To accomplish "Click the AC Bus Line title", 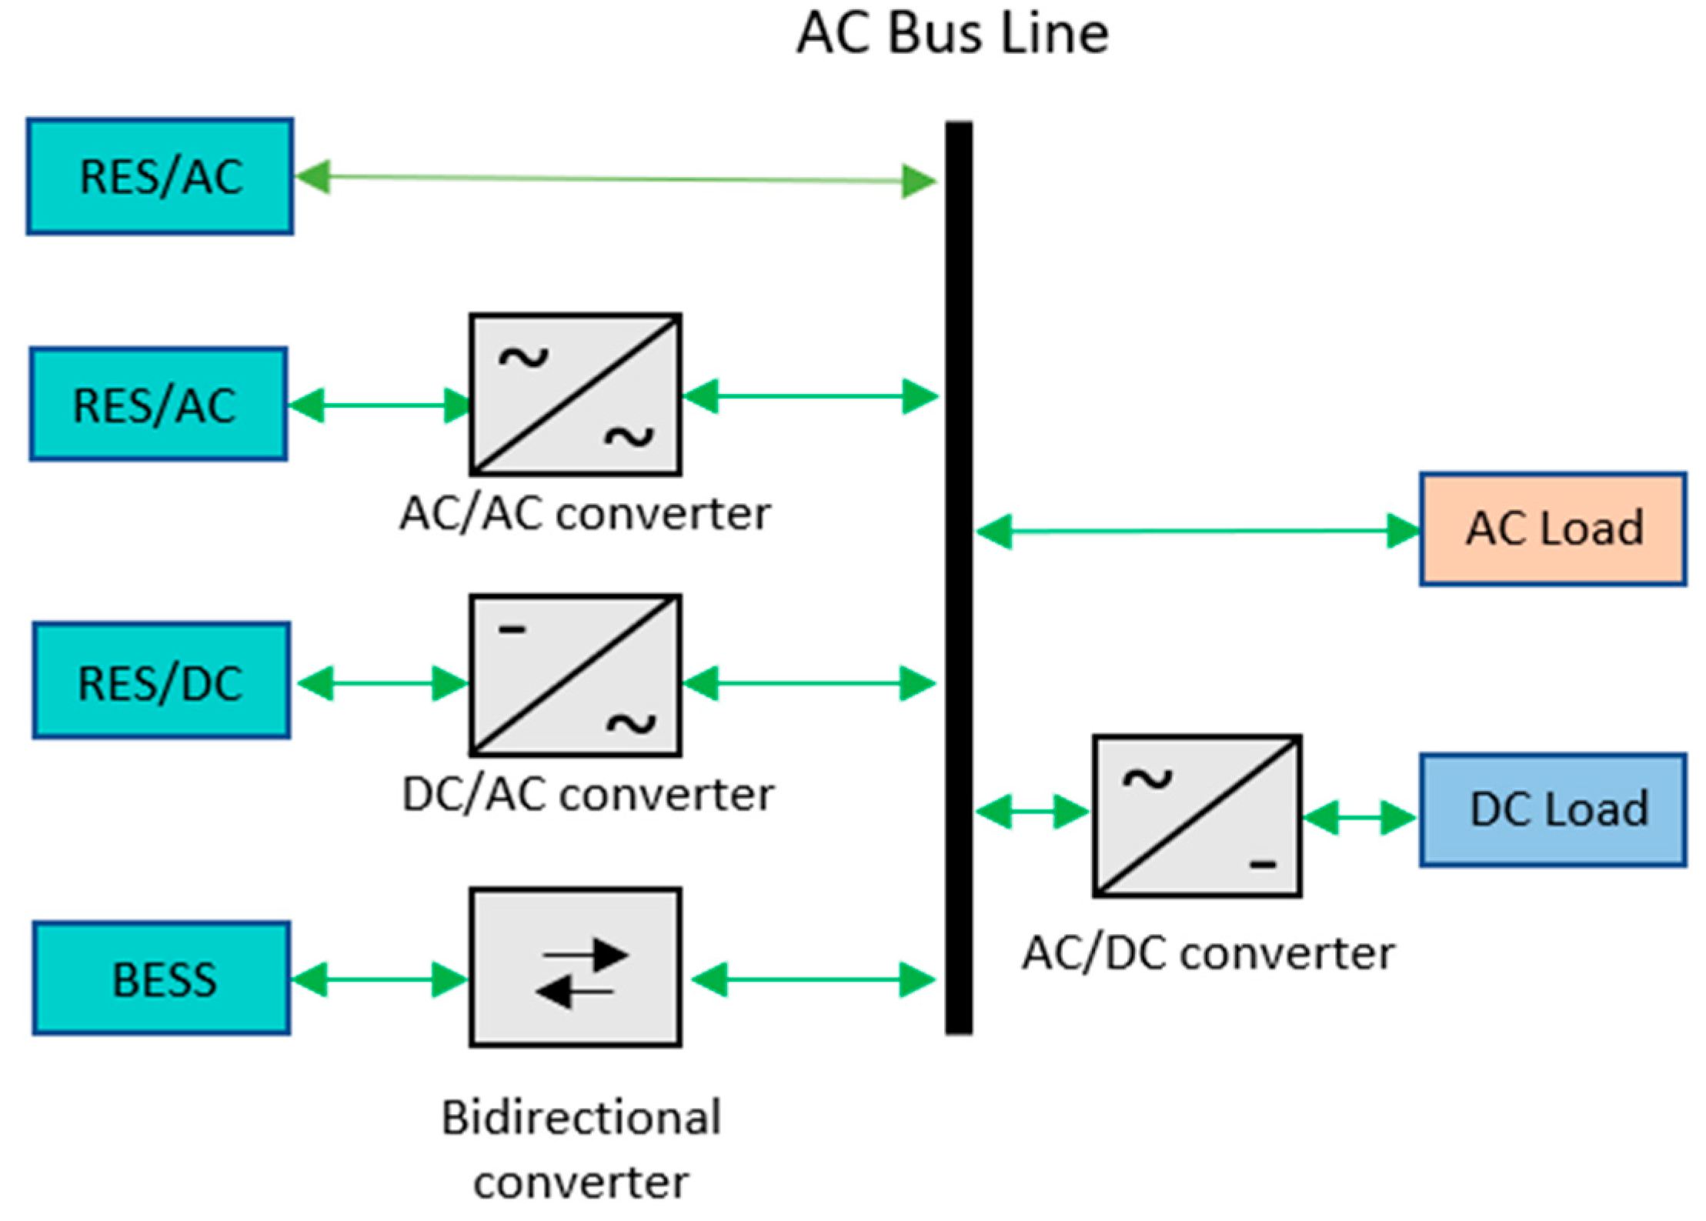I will [952, 35].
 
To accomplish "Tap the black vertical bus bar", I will [959, 577].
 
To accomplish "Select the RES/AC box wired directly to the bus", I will [160, 176].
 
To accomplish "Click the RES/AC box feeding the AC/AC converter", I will [159, 404].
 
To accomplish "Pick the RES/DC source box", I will [162, 681].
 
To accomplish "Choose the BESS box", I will [162, 979].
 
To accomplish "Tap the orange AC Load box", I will [1553, 529].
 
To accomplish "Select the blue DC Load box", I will [1553, 810].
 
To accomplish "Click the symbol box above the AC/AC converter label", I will [576, 394].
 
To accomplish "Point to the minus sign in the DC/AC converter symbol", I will [512, 630].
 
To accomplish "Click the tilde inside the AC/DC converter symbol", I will [1147, 780].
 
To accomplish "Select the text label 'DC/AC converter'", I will [588, 795].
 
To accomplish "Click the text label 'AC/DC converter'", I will [1208, 954].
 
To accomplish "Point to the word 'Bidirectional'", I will [582, 1118].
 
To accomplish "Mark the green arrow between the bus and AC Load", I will [1197, 531].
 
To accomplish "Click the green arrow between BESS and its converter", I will [380, 979].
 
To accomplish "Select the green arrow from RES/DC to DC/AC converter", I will [382, 683].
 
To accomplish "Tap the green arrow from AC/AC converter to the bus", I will [810, 396].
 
